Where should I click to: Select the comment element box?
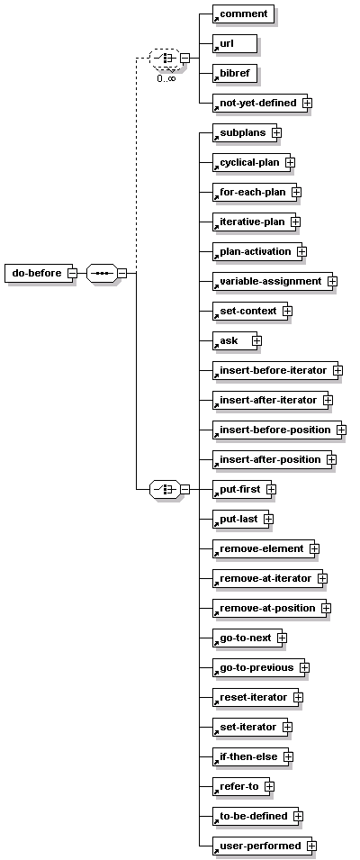tap(243, 14)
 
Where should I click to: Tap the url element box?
tap(235, 43)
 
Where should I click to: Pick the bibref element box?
tap(235, 73)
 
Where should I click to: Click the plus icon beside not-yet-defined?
tap(308, 104)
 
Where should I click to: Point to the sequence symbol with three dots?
tap(102, 273)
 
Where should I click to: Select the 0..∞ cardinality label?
tap(166, 78)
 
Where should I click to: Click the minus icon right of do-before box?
tap(72, 273)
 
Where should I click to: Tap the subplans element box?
tap(245, 132)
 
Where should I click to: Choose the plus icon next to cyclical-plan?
tap(291, 162)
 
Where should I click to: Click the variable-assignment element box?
tap(273, 281)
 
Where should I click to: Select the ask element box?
tap(235, 340)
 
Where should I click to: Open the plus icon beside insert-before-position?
tap(341, 430)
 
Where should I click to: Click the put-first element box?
tap(242, 489)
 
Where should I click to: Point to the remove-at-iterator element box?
tap(268, 579)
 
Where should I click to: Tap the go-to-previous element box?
tap(258, 667)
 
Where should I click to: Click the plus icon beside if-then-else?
tap(288, 756)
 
